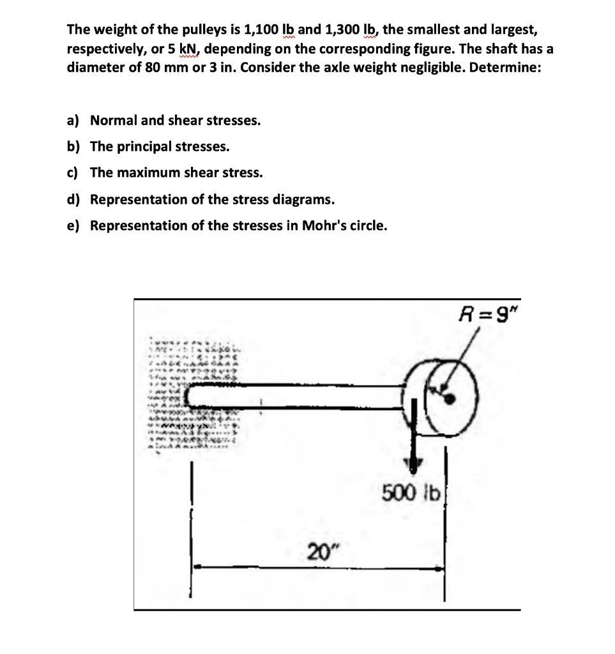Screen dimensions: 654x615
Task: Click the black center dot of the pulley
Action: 450,399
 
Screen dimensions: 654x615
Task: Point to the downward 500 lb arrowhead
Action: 415,465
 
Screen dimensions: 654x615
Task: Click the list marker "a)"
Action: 73,120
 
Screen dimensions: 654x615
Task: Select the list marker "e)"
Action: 73,225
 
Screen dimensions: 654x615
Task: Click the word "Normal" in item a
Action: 112,120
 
